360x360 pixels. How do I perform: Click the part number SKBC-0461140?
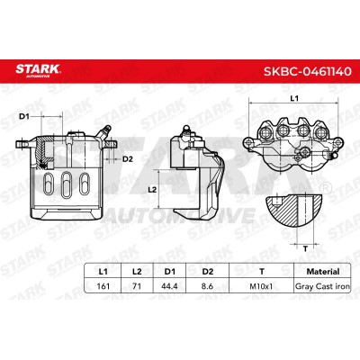tap(307, 71)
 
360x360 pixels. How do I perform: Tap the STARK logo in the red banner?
tap(39, 70)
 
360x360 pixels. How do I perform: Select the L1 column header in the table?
tap(103, 272)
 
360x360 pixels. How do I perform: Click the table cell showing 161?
tap(103, 286)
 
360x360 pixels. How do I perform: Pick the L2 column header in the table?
tap(137, 272)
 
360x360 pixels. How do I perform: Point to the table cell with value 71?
tap(137, 286)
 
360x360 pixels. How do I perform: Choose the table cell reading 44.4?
tap(169, 286)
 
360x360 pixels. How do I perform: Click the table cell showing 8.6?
tap(207, 286)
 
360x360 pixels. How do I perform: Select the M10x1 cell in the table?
tap(261, 286)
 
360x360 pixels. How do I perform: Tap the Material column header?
tap(323, 272)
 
